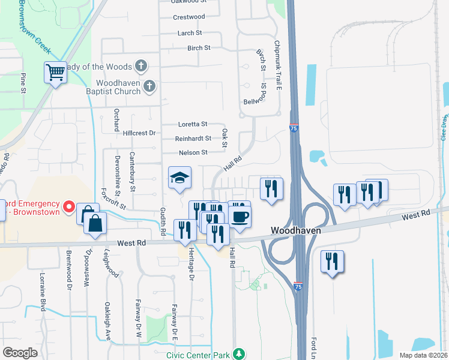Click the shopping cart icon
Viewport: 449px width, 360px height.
point(55,73)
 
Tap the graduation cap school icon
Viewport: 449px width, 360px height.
point(179,178)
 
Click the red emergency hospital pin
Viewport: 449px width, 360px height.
point(69,208)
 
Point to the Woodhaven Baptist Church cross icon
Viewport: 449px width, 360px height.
point(149,88)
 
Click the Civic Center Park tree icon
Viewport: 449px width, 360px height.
point(239,353)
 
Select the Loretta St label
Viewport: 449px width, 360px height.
point(192,124)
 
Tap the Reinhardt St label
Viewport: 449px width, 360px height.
point(193,139)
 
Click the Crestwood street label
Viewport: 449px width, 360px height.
point(188,17)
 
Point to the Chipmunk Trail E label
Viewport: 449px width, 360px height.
point(277,65)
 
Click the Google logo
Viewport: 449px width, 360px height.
point(20,353)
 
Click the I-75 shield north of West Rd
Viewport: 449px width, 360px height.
point(294,128)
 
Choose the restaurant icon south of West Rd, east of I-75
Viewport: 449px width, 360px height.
point(331,262)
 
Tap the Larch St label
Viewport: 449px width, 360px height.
point(190,33)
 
